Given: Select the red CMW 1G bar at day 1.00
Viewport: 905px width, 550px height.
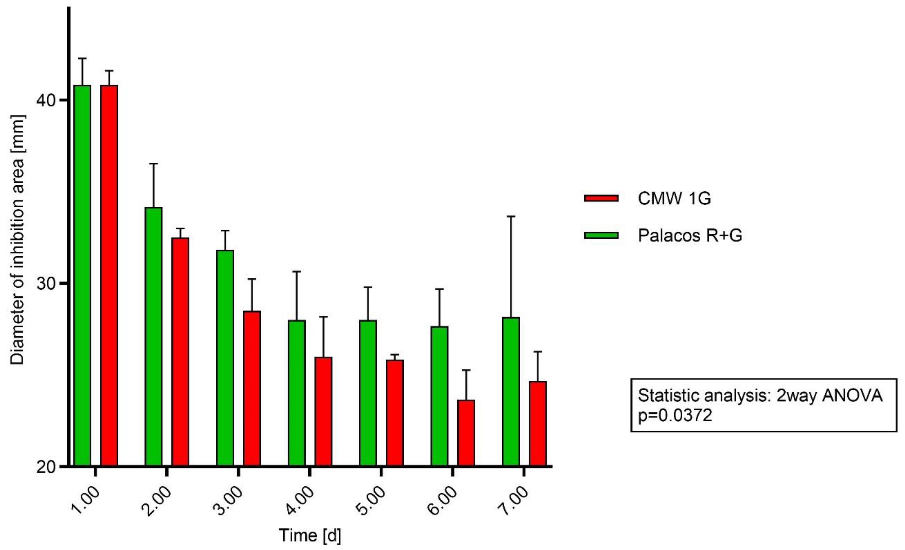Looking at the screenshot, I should pos(109,275).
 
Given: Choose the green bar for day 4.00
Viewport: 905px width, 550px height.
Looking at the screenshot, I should pos(297,393).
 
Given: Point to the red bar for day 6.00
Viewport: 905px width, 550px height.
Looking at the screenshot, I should pos(466,433).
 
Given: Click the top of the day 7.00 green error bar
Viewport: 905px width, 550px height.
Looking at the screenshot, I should pos(511,217).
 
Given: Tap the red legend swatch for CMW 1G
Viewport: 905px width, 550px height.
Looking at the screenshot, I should pos(601,198).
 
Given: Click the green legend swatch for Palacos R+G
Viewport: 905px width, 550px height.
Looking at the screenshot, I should pos(601,235).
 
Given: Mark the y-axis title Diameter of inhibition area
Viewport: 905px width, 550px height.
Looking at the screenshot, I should pos(17,241).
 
